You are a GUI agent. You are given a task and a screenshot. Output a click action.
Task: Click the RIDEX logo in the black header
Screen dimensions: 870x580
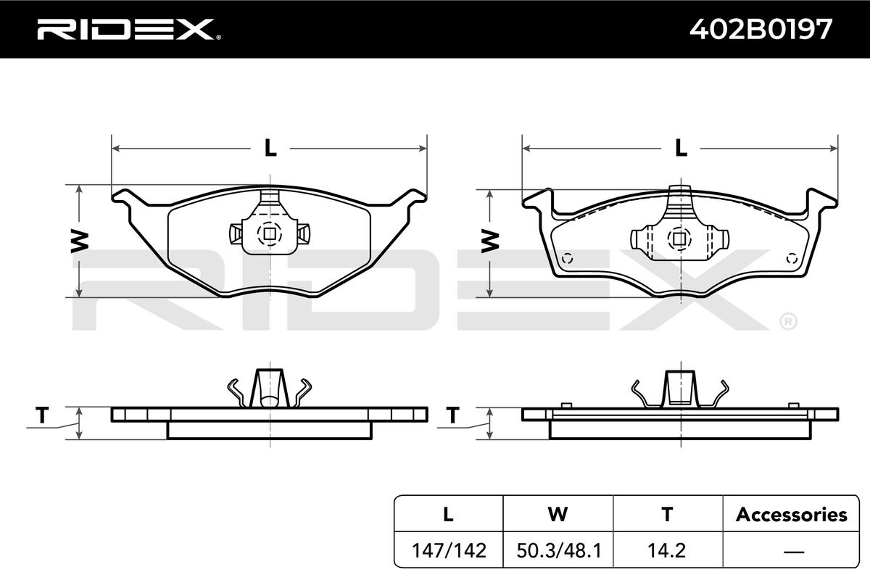tap(129, 30)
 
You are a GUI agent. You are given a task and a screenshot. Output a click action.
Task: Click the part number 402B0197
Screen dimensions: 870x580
tap(761, 29)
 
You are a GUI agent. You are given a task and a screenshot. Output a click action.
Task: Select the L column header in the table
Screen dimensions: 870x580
tap(448, 514)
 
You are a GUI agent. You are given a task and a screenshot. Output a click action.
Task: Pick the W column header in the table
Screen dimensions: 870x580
tap(558, 514)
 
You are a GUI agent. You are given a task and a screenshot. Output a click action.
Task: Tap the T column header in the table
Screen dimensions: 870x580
tap(667, 514)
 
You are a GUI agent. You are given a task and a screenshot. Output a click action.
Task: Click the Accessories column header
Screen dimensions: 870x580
tap(792, 514)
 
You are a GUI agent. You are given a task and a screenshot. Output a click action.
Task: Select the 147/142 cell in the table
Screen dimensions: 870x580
tap(449, 550)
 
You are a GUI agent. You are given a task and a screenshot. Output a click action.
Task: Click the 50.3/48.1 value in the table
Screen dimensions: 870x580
tap(559, 550)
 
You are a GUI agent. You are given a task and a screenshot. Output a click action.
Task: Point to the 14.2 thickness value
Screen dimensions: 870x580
tap(666, 550)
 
